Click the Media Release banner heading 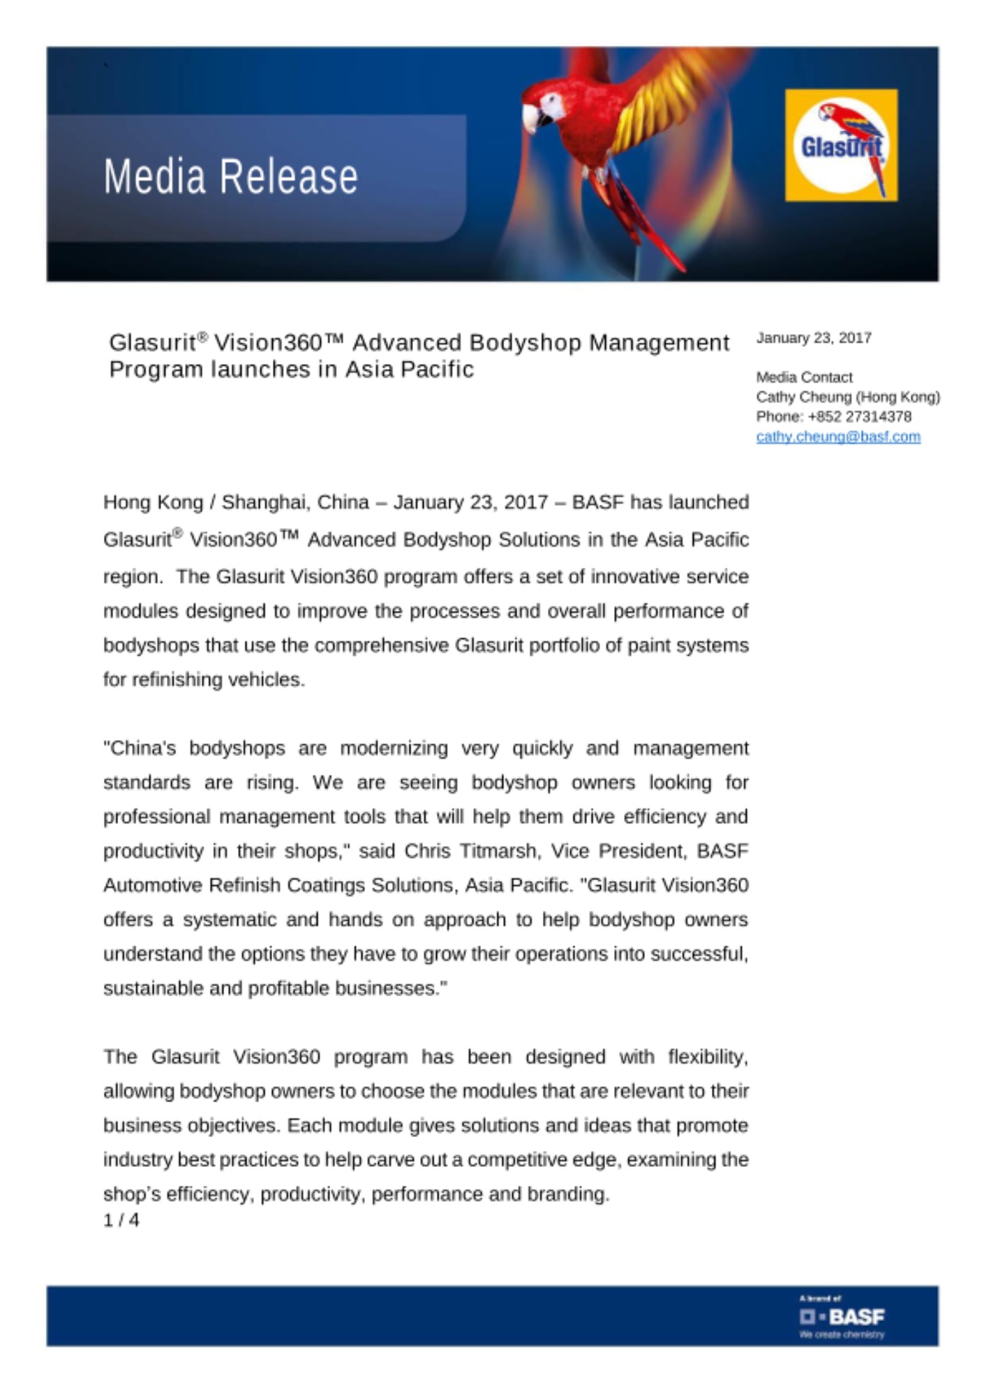[x=230, y=176]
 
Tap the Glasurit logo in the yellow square [x=841, y=145]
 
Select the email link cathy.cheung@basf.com [x=837, y=437]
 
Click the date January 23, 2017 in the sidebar [x=814, y=338]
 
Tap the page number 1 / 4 [x=121, y=1220]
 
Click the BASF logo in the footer [x=842, y=1316]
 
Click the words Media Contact [x=804, y=377]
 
